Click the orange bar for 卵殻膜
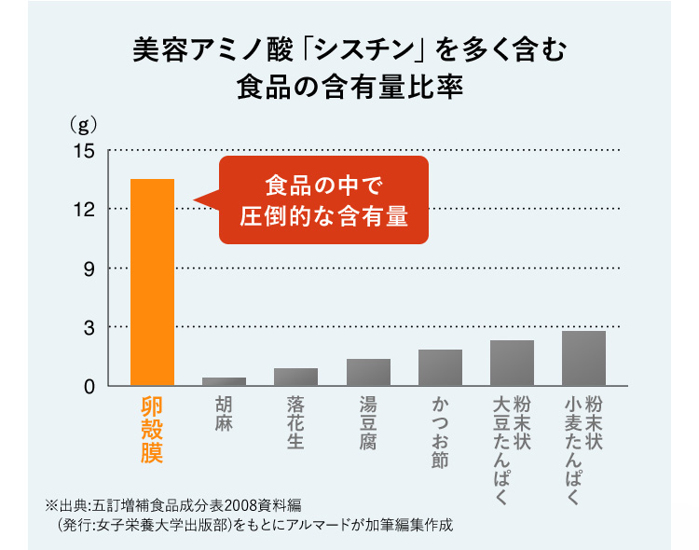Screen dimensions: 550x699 click(152, 282)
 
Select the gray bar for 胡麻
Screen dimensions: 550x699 click(224, 380)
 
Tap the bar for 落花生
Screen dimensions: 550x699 click(295, 376)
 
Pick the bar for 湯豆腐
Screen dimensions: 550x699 click(368, 371)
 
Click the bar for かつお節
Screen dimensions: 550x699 click(440, 367)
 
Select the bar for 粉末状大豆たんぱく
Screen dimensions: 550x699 click(512, 363)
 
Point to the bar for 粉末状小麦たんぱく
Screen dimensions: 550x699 click(583, 358)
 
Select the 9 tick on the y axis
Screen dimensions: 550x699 click(88, 268)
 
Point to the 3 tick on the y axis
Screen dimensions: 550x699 click(88, 327)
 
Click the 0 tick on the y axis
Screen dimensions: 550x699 click(88, 386)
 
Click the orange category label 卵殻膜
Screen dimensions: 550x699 click(152, 429)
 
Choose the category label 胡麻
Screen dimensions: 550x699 click(224, 416)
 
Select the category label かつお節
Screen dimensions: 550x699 click(440, 433)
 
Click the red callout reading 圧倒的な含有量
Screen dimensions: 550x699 click(323, 215)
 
